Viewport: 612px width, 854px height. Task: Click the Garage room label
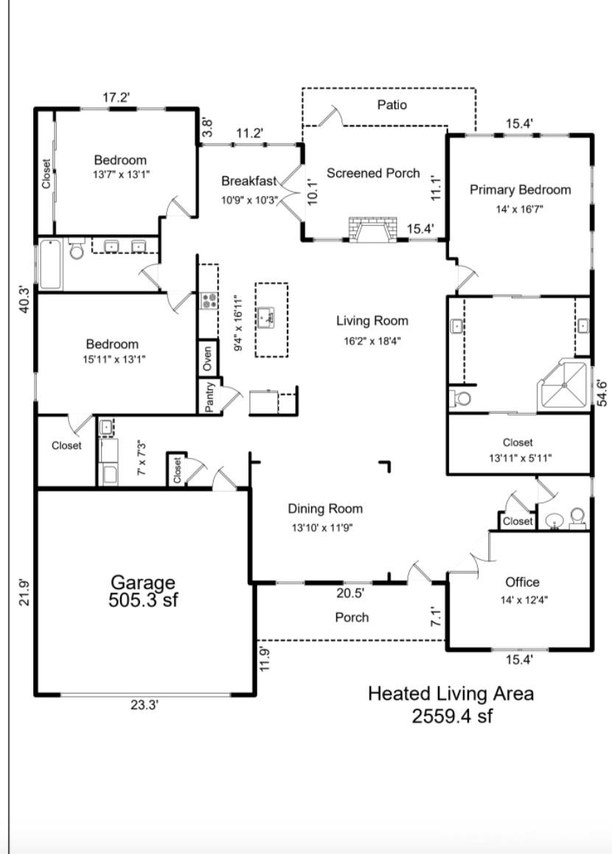142,582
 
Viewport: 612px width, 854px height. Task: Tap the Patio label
392,105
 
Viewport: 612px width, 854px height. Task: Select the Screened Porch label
374,173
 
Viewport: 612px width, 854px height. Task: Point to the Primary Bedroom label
520,190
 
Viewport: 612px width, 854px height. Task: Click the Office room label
522,582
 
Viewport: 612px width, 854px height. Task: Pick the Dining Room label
325,510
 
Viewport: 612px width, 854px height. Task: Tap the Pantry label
210,397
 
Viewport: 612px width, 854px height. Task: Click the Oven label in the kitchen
207,359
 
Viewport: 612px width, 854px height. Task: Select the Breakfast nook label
249,181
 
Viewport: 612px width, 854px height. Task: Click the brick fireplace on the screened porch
374,229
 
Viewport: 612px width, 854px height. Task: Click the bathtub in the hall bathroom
51,264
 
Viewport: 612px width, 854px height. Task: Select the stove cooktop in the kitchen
209,301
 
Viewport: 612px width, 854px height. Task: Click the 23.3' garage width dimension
145,705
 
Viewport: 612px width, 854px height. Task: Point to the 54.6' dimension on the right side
601,392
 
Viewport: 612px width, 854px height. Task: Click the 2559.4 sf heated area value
452,715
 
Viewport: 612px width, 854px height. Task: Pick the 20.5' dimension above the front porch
350,593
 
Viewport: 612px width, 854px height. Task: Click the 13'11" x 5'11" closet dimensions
520,458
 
